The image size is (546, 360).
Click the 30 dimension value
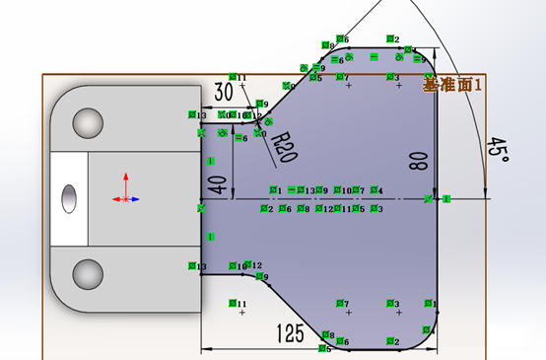(x=223, y=91)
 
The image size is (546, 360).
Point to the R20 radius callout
(x=285, y=147)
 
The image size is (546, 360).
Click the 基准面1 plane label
(x=452, y=86)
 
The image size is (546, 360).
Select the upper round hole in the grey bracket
(x=88, y=123)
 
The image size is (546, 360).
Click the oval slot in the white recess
(x=69, y=197)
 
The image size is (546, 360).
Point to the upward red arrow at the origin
(x=125, y=181)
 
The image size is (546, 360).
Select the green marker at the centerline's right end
(x=446, y=199)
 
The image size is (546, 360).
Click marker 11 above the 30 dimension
(x=234, y=77)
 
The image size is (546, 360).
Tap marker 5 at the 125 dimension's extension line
(x=324, y=348)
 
